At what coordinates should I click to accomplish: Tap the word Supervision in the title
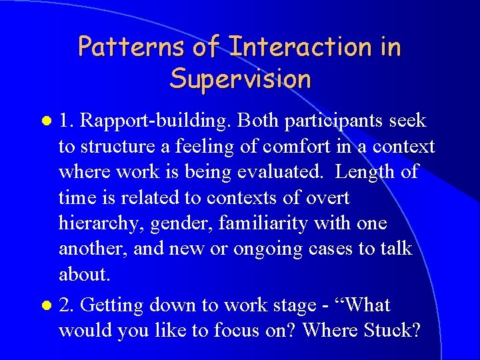tap(240, 79)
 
